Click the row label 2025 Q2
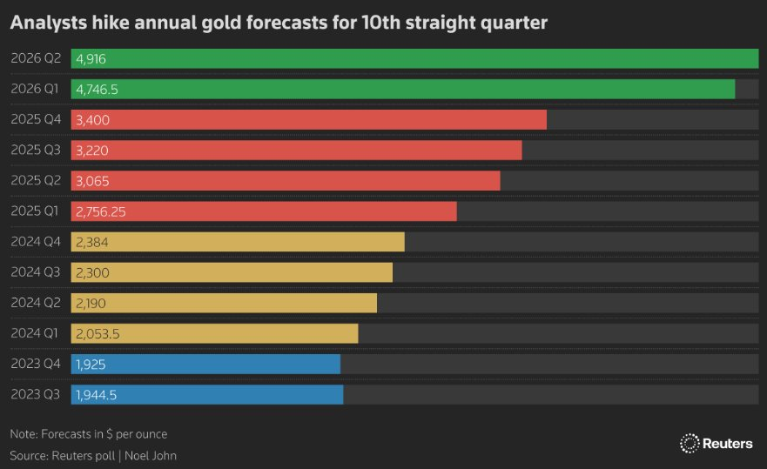coord(35,180)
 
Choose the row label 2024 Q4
coord(35,242)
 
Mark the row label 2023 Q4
coord(35,364)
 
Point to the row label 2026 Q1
coord(35,89)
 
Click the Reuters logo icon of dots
coord(690,443)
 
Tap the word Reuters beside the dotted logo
coord(728,443)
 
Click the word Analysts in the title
coord(46,23)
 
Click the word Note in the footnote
coord(23,433)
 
